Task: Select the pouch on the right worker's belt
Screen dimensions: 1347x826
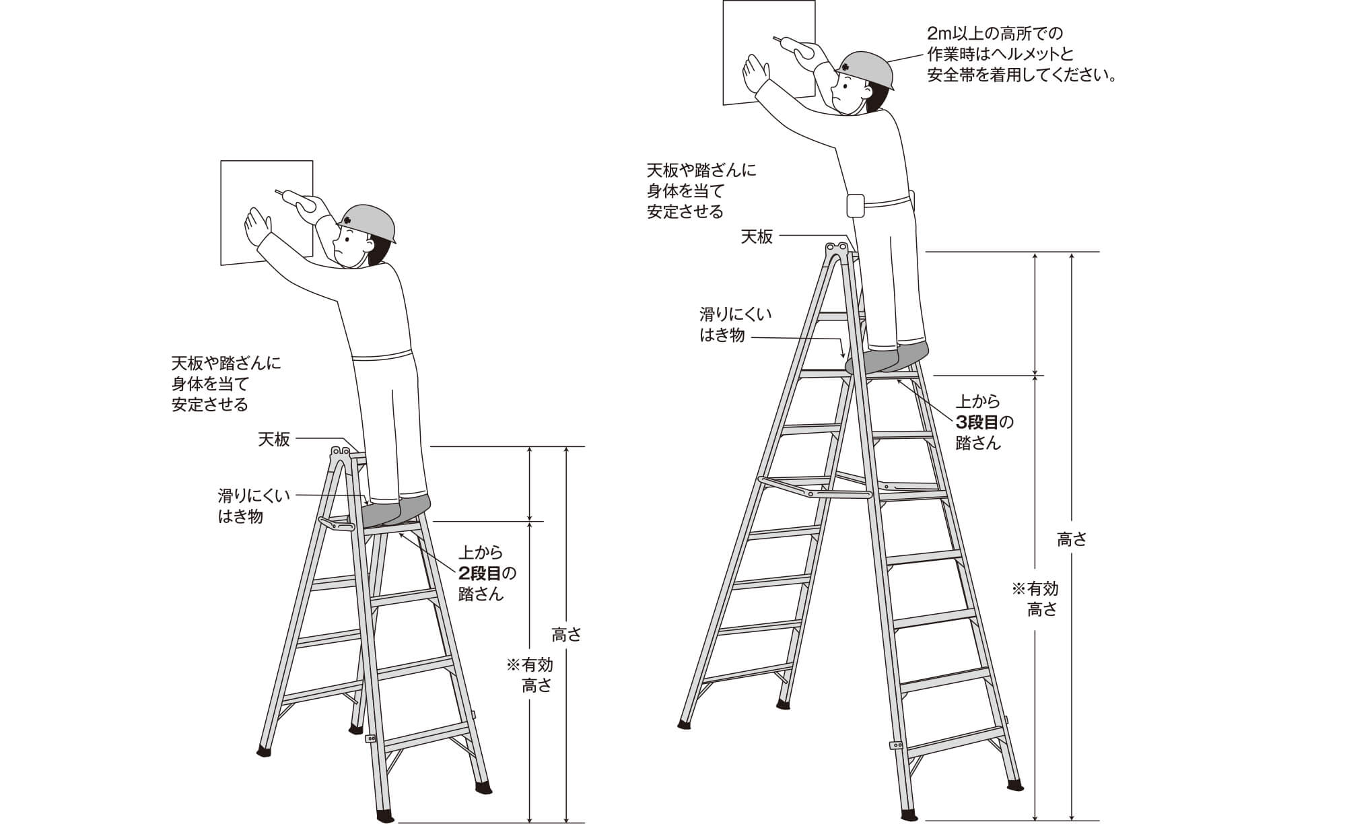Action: [855, 206]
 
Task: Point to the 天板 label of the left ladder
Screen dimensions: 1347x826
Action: [274, 440]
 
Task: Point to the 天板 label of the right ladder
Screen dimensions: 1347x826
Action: [757, 236]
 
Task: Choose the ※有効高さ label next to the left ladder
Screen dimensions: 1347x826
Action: [530, 675]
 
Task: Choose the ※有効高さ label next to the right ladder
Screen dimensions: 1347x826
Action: [1035, 599]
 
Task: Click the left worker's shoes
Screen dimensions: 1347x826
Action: [396, 511]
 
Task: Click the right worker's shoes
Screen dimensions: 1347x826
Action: [887, 357]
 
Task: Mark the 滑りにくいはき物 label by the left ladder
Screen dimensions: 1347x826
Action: [254, 506]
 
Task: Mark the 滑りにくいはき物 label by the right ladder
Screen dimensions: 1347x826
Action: [736, 324]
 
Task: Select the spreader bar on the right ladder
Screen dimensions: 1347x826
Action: [815, 487]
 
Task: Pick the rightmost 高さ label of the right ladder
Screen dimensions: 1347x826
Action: [1072, 539]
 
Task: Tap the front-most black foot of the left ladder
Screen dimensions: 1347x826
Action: [386, 815]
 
